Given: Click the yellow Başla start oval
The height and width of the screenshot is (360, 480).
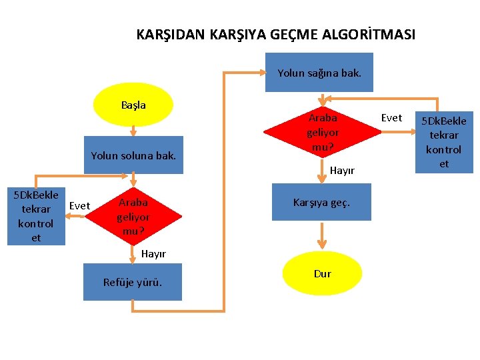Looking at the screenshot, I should [x=133, y=105].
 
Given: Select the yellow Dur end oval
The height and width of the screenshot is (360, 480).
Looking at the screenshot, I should [x=322, y=273].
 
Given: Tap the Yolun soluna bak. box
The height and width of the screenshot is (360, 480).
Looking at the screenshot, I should [x=133, y=155].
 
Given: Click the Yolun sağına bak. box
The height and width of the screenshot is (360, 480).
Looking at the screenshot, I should [x=319, y=72].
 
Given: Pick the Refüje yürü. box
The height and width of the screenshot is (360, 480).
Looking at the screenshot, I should [x=133, y=282].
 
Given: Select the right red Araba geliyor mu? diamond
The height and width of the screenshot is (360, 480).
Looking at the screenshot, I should [x=323, y=131].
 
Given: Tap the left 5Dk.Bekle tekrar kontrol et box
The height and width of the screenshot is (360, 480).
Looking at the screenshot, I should [x=36, y=216].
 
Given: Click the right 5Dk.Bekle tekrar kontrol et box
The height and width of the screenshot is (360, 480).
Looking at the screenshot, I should [x=444, y=142].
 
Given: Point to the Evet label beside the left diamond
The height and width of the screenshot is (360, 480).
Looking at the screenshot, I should [x=79, y=205].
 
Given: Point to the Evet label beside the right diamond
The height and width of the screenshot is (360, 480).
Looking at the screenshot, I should [x=391, y=118].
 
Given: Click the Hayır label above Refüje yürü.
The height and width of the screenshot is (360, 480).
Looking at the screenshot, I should [x=153, y=253].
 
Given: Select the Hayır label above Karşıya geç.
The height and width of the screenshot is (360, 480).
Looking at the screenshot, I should [x=342, y=171].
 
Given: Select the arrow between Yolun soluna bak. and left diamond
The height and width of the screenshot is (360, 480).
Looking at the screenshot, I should [x=133, y=180].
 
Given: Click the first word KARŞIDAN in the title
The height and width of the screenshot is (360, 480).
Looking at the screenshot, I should [x=171, y=34].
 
